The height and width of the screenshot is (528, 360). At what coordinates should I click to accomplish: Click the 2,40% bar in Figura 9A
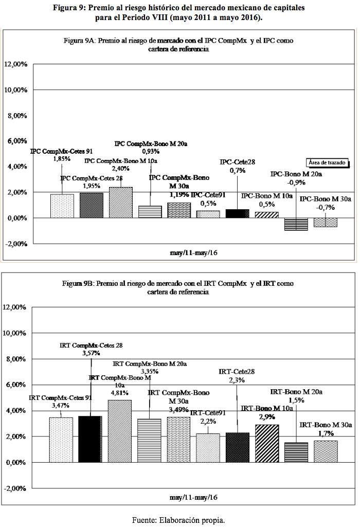120,203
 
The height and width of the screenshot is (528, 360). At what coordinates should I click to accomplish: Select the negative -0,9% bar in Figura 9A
296,224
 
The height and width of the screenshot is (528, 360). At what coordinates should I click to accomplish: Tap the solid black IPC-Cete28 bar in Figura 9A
238,213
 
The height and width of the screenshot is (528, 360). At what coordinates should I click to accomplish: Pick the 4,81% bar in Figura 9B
120,431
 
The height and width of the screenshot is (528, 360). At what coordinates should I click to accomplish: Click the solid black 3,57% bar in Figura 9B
90,439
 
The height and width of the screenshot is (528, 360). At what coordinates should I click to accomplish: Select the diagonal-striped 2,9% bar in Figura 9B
267,444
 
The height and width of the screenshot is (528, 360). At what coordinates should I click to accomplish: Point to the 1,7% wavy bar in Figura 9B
326,451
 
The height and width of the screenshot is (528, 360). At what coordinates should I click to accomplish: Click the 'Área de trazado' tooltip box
327,162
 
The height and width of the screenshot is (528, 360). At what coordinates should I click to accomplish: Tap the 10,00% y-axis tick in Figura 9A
15,90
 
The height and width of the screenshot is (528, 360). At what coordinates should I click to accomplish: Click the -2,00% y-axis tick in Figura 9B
15,488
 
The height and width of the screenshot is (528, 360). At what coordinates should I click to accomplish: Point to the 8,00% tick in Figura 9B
16,359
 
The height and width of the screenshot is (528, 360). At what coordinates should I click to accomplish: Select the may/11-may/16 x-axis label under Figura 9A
194,252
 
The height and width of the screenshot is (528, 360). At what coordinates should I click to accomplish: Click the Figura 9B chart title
178,287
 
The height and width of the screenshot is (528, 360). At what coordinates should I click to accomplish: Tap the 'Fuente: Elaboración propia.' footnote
178,520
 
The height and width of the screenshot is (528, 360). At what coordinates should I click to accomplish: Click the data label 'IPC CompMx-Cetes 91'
61,152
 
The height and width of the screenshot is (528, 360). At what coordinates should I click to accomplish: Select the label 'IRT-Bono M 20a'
296,392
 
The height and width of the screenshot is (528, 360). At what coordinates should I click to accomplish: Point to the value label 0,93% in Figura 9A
151,152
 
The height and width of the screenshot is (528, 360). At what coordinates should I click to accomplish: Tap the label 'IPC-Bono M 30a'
326,199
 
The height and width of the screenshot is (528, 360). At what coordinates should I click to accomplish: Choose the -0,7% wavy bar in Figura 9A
326,223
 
